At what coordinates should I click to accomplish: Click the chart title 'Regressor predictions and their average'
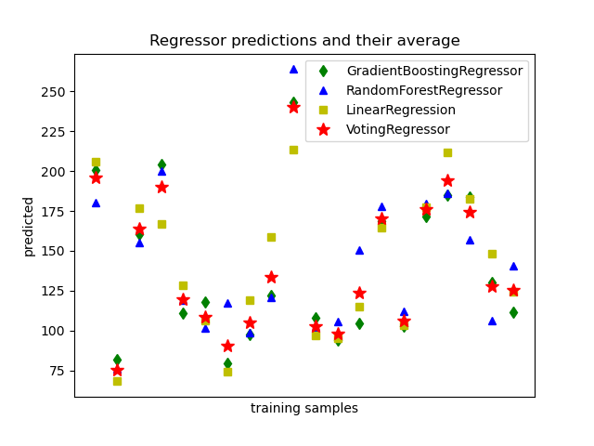pyautogui.click(x=304, y=41)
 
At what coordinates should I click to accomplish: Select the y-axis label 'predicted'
pyautogui.click(x=29, y=226)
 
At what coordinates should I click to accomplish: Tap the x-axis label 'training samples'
pyautogui.click(x=303, y=409)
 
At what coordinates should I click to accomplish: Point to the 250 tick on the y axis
pyautogui.click(x=55, y=92)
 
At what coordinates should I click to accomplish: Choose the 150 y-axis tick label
pyautogui.click(x=55, y=251)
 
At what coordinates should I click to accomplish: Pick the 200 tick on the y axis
pyautogui.click(x=55, y=172)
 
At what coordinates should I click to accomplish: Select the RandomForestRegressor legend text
pyautogui.click(x=424, y=90)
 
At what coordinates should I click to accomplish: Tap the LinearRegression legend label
pyautogui.click(x=401, y=110)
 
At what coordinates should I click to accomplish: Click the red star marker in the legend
pyautogui.click(x=323, y=129)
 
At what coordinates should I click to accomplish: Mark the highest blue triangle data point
pyautogui.click(x=293, y=69)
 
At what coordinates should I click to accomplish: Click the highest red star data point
pyautogui.click(x=293, y=107)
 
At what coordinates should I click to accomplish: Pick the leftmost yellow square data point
pyautogui.click(x=96, y=162)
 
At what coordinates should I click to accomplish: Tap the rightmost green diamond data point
pyautogui.click(x=513, y=312)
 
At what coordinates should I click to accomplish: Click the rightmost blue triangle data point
pyautogui.click(x=513, y=266)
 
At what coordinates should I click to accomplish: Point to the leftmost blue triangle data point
pyautogui.click(x=96, y=203)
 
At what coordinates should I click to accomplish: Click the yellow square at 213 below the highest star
pyautogui.click(x=293, y=150)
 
